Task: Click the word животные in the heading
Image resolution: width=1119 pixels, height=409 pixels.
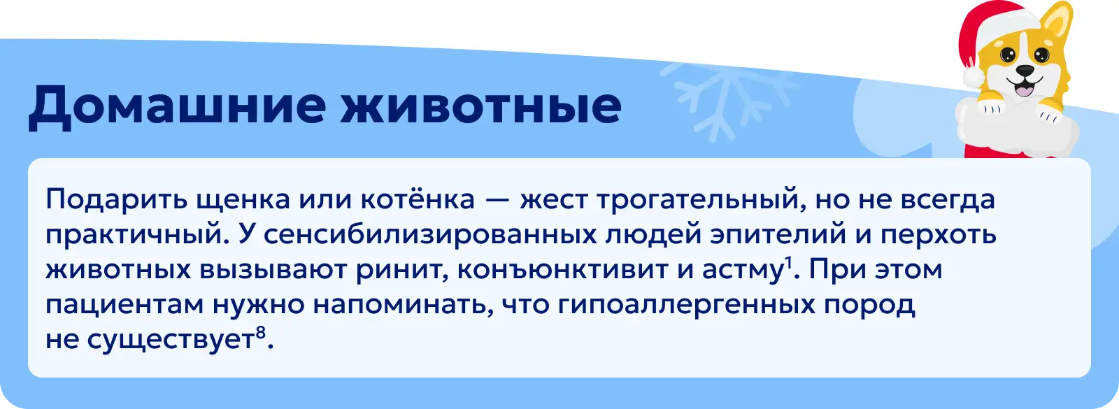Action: [x=480, y=106]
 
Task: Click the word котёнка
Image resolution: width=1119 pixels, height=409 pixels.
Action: [x=418, y=199]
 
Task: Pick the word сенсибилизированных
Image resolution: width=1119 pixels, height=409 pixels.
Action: [x=430, y=235]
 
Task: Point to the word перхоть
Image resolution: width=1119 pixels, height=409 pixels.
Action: [x=939, y=235]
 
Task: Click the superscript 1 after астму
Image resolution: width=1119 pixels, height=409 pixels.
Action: [x=789, y=263]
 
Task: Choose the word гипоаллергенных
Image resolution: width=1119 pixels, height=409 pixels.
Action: [x=686, y=305]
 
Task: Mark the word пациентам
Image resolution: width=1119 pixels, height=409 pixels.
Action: [x=125, y=305]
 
